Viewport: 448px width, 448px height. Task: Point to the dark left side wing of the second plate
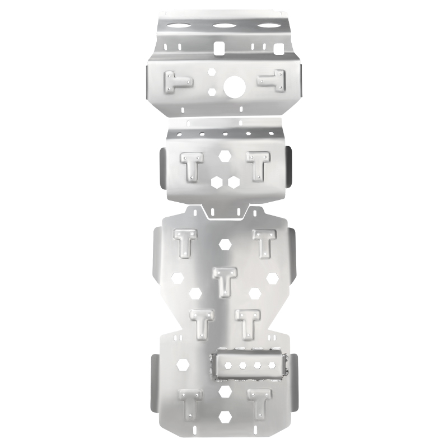click(161, 167)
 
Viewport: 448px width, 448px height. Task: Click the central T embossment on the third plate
click(225, 280)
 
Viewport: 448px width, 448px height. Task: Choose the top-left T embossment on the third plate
click(185, 242)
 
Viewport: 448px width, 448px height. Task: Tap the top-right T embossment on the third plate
click(264, 242)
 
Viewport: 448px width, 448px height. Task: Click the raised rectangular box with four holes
click(249, 366)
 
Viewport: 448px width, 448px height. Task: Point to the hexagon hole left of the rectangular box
click(183, 364)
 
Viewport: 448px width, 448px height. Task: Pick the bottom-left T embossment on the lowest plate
click(189, 402)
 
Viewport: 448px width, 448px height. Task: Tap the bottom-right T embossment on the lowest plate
click(259, 402)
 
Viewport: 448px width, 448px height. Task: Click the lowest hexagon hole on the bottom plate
click(225, 417)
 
